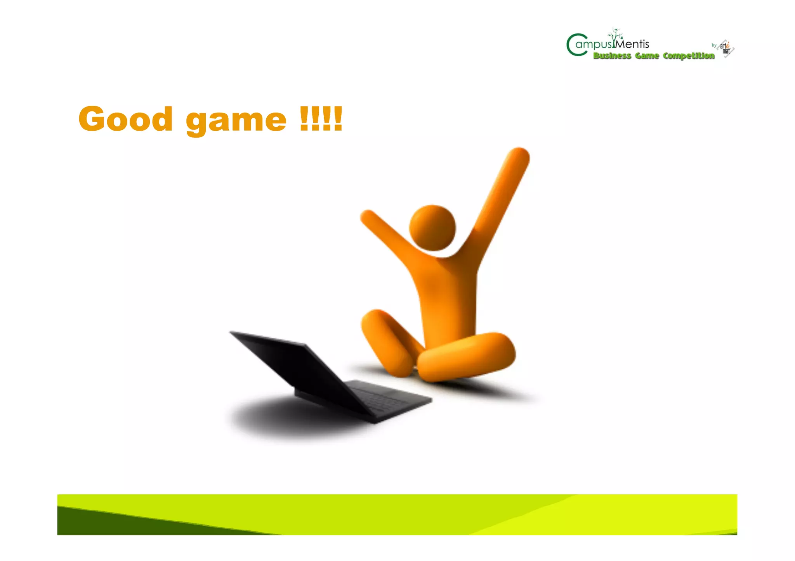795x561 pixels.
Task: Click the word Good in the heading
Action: (125, 119)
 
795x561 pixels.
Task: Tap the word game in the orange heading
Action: (236, 120)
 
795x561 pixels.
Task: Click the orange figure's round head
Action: (432, 228)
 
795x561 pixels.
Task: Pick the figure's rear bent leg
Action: (386, 341)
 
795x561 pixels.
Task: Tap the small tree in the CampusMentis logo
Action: (616, 35)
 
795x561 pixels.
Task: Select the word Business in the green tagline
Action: (612, 56)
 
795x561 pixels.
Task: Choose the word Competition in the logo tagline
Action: (689, 56)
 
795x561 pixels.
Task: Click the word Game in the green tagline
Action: (647, 56)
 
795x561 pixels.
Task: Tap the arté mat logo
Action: (726, 48)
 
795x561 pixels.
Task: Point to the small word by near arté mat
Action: (714, 45)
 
